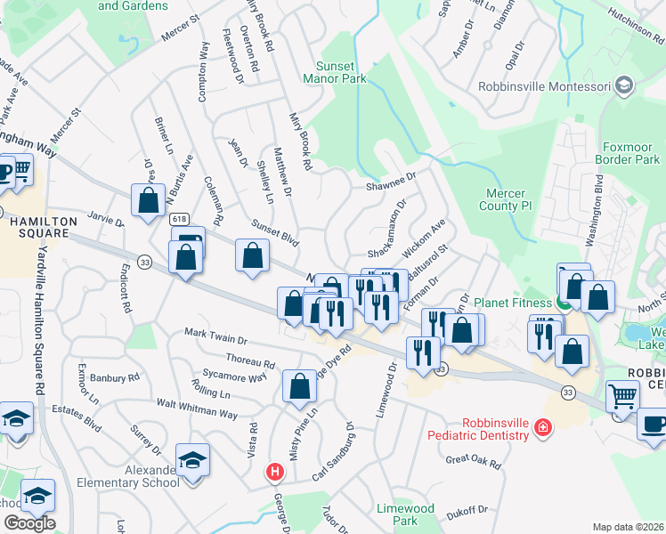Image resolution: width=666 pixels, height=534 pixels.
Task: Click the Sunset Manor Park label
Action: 341,72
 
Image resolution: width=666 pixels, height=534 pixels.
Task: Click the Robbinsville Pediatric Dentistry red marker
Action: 541,430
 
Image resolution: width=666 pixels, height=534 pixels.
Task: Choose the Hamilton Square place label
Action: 34,232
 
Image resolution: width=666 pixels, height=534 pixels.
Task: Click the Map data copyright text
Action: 629,527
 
